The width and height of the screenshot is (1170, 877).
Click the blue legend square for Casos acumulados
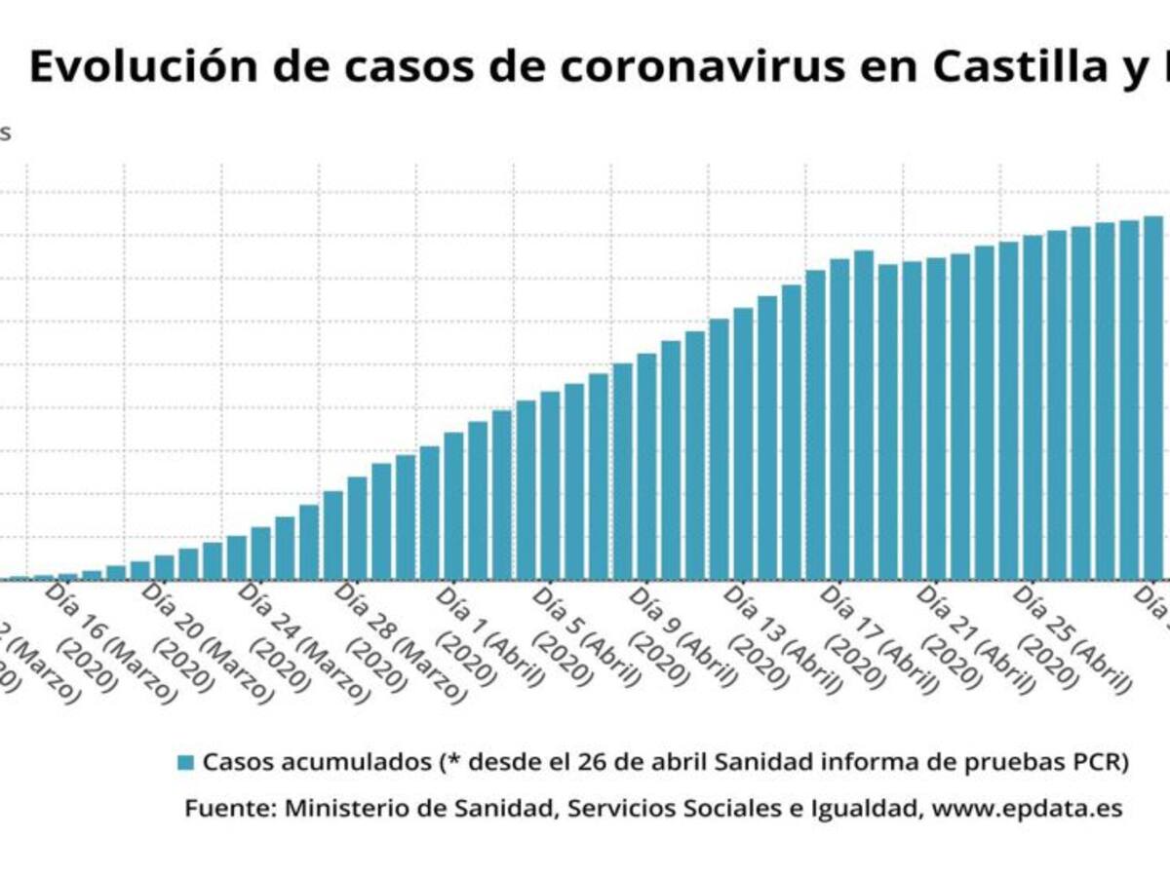click(186, 763)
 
